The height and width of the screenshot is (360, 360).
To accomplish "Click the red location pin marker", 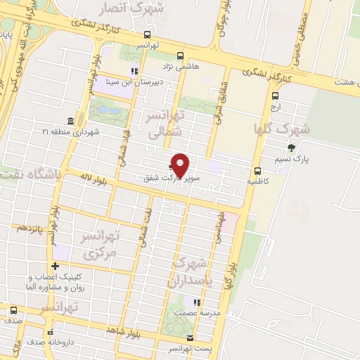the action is (x=181, y=166).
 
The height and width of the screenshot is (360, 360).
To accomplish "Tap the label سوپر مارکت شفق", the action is (x=168, y=179).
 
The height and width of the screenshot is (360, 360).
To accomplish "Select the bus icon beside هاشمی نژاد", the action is (x=181, y=56).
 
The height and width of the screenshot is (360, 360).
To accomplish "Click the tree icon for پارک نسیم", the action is (x=291, y=148).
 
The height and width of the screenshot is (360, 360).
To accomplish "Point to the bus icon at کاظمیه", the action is (x=257, y=171).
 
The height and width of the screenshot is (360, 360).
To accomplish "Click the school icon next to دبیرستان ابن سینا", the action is (x=134, y=70).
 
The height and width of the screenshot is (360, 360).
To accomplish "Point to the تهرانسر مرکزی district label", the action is (x=100, y=243).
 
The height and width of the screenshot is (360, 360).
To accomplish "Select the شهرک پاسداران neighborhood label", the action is (x=189, y=272).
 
